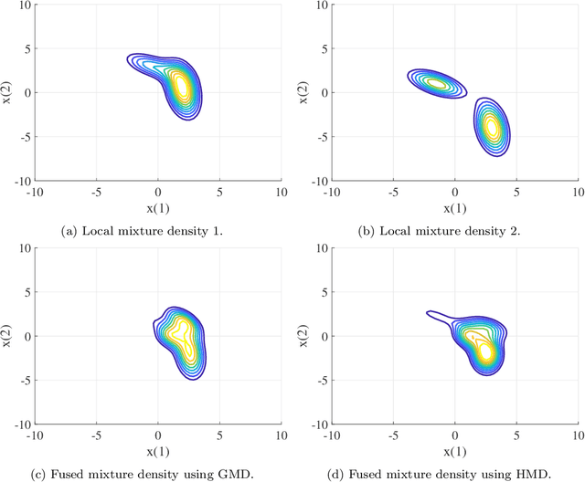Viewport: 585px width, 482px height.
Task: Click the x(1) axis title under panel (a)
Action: (x=158, y=207)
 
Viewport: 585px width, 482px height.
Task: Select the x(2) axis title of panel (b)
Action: (x=303, y=92)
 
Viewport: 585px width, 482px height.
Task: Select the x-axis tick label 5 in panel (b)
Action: (x=516, y=194)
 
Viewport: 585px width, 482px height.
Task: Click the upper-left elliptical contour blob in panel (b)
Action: (x=436, y=83)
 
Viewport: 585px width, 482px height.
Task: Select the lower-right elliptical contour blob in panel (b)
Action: (x=494, y=127)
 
